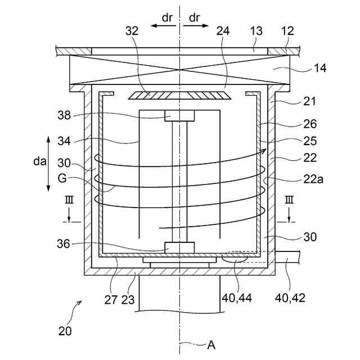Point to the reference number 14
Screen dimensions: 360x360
point(320,68)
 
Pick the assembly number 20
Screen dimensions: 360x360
point(65,331)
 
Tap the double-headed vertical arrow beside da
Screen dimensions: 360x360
point(49,163)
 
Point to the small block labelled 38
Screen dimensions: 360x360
point(179,115)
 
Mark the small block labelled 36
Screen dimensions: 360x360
point(179,247)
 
